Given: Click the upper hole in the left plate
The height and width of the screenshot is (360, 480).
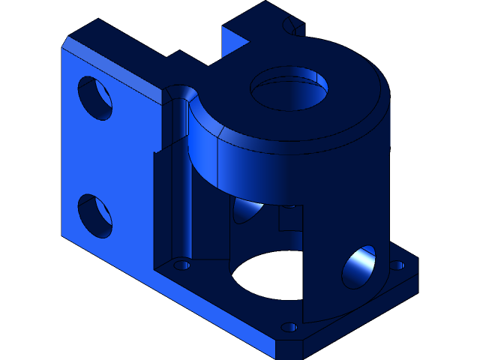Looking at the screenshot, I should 95,97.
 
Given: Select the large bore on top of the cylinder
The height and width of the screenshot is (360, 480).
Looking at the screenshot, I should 289,88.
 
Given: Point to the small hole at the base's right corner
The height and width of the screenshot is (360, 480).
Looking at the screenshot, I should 397,265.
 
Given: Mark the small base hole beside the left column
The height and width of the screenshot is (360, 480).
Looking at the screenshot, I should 181,265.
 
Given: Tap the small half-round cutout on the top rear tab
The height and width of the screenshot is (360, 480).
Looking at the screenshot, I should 292,28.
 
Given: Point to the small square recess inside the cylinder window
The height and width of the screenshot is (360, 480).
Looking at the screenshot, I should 289,218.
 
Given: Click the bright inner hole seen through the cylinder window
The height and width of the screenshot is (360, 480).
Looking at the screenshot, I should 247,210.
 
